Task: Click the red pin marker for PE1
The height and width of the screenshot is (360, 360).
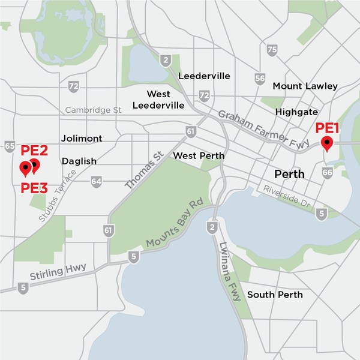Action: [x=327, y=143]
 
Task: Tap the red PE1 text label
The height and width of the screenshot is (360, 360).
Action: [x=328, y=128]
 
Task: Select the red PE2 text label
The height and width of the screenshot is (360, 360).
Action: [x=34, y=150]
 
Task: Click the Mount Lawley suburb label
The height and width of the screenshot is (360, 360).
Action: [x=305, y=86]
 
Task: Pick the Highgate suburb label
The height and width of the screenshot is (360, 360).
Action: [x=296, y=112]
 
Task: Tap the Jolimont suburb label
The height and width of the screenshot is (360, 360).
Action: [x=82, y=138]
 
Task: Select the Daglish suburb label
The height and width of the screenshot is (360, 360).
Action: [x=79, y=161]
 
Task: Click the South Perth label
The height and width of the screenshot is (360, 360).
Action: [x=275, y=295]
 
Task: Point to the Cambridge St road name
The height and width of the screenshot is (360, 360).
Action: [x=94, y=110]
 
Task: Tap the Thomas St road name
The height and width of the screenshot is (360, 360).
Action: [x=145, y=170]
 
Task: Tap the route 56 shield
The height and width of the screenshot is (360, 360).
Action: [x=260, y=78]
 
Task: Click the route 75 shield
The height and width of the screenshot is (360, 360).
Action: [x=272, y=50]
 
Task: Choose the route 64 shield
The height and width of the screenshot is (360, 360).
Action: [x=97, y=181]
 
